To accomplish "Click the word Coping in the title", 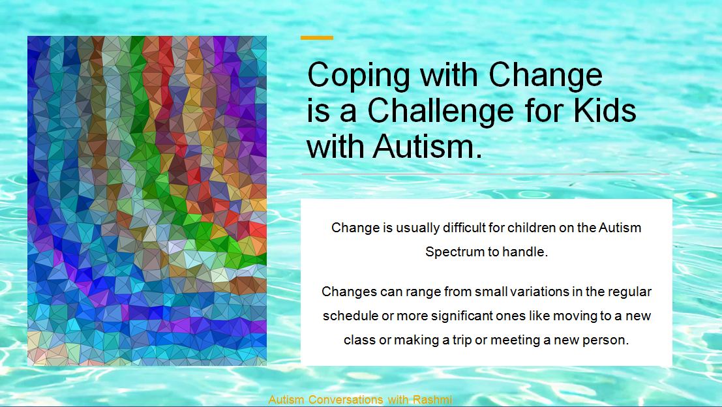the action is [x=358, y=76].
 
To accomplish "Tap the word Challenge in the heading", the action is [x=440, y=112].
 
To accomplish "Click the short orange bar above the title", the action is [x=317, y=38].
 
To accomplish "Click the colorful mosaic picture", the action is [x=147, y=201].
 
